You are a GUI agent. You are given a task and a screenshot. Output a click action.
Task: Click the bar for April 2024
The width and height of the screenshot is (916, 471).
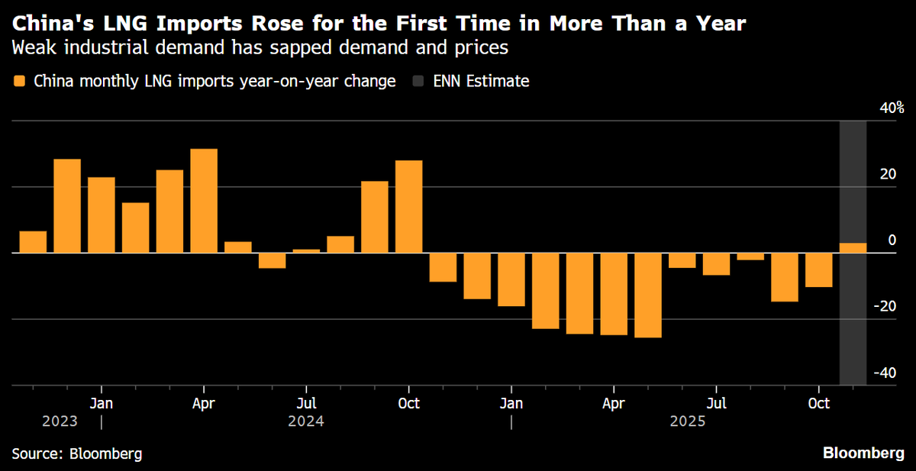pos(204,200)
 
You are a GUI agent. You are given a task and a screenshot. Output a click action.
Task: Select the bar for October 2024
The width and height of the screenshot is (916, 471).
pos(408,206)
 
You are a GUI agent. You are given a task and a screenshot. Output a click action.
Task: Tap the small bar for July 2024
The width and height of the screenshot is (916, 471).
pos(306,250)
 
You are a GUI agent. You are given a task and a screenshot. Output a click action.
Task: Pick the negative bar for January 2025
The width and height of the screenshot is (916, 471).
pos(511,279)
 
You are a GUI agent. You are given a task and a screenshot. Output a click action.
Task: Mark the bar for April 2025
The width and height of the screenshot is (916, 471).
pos(614,294)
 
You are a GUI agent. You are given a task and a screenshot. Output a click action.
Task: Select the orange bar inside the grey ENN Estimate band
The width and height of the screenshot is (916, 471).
pos(853,247)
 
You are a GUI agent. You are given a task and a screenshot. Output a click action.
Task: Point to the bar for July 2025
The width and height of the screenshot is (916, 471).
pos(716,263)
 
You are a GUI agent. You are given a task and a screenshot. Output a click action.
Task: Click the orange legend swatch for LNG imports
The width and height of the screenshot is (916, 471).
pos(19,81)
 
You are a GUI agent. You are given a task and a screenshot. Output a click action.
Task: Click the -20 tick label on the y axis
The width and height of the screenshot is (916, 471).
pos(885,306)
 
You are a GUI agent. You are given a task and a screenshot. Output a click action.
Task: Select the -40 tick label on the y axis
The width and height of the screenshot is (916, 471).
pos(885,373)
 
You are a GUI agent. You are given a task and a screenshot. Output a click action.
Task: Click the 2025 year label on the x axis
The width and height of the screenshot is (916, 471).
pos(687,421)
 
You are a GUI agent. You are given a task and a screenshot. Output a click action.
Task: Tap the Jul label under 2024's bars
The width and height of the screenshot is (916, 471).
pos(306,402)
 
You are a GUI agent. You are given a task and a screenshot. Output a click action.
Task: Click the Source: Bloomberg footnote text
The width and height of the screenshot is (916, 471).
pos(77,453)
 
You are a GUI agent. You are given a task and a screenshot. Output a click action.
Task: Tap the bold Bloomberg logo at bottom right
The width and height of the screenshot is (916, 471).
pos(863,453)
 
